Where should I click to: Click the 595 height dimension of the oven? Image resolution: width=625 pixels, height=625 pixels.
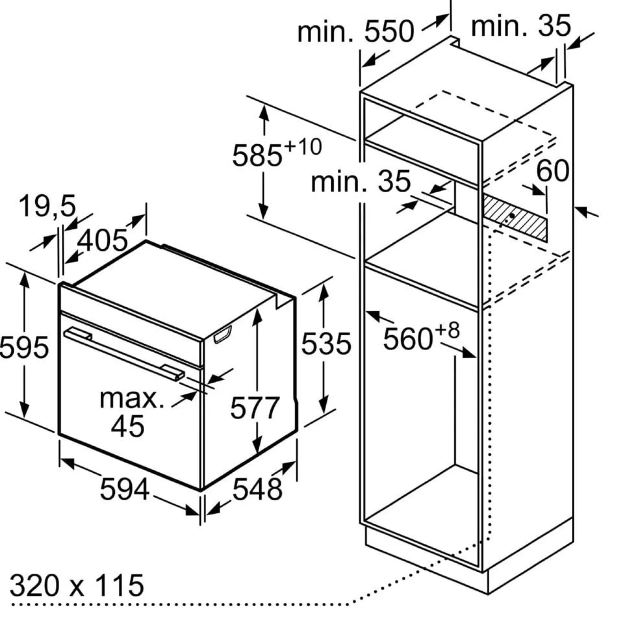pyautogui.click(x=24, y=347)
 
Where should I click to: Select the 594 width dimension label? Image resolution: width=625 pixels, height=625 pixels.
pyautogui.click(x=125, y=489)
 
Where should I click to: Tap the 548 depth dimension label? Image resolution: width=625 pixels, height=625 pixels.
pyautogui.click(x=257, y=489)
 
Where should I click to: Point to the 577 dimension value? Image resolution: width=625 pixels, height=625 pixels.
pyautogui.click(x=254, y=408)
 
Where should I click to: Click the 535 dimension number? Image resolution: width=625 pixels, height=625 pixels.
pyautogui.click(x=326, y=343)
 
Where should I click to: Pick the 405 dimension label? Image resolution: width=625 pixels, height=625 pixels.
pyautogui.click(x=103, y=241)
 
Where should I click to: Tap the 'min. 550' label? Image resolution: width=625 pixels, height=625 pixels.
pyautogui.click(x=355, y=31)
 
